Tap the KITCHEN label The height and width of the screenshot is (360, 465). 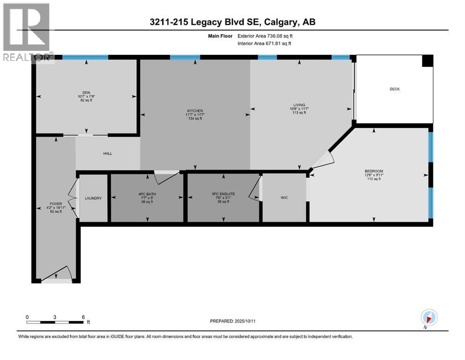click(x=195, y=111)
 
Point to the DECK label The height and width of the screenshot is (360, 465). click(x=394, y=89)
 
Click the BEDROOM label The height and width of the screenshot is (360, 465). click(x=374, y=171)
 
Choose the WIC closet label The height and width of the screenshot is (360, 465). click(x=284, y=198)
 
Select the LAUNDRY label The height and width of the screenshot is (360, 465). click(x=93, y=198)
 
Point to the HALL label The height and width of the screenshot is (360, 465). click(x=107, y=153)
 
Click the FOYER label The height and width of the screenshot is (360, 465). click(x=56, y=204)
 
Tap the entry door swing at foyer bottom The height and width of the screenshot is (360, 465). click(x=61, y=273)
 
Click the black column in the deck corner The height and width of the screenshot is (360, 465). click(x=427, y=61)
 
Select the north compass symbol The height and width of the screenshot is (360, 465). click(x=429, y=316)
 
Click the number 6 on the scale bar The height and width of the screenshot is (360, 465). click(x=83, y=317)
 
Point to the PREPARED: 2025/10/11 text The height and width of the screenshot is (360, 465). click(x=233, y=321)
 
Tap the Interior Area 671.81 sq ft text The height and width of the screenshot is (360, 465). click(x=264, y=44)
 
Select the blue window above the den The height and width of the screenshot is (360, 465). click(x=85, y=57)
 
